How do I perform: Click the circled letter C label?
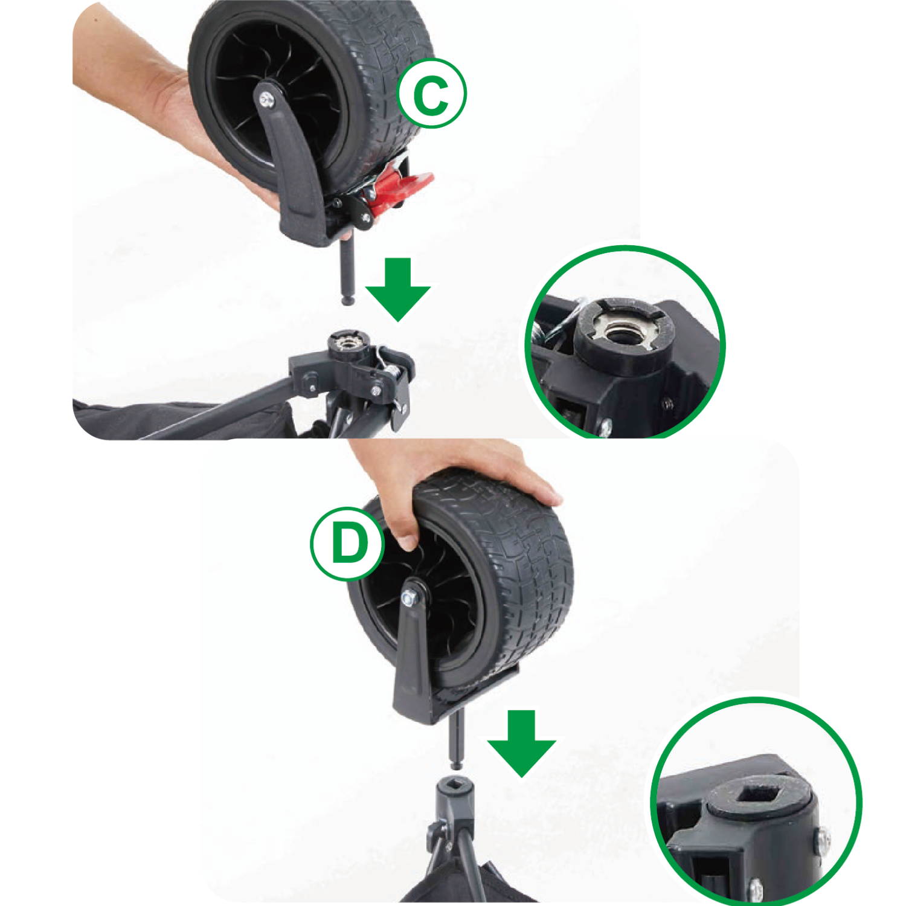point(431,93)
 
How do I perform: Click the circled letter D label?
point(348,544)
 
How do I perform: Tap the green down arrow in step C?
point(397,289)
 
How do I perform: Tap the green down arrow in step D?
point(521,743)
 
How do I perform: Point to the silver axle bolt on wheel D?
point(409,597)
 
